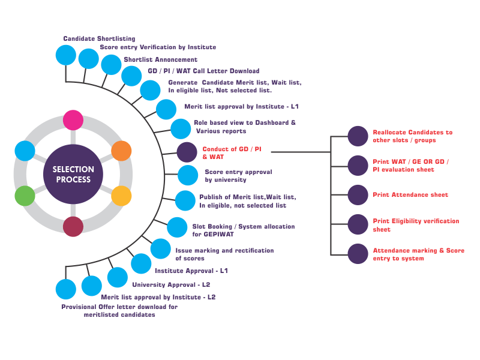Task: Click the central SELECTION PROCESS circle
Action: [73, 174]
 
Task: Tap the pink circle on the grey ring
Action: [73, 120]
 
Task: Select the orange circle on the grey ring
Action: [121, 151]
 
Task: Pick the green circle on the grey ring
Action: [25, 196]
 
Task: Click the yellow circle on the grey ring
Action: [121, 196]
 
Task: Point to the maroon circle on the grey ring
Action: [73, 227]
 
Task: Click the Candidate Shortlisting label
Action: [99, 38]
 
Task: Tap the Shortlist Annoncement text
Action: [160, 59]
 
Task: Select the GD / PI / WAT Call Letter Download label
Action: [203, 71]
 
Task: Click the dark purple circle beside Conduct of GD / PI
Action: [187, 152]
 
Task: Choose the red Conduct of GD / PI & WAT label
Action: [232, 153]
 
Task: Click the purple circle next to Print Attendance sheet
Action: [358, 195]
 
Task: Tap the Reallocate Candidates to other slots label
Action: [412, 136]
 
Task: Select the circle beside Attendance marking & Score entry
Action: [358, 254]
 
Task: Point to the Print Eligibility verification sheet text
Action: [416, 225]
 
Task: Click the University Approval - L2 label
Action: [171, 284]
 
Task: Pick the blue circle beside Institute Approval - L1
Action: [141, 263]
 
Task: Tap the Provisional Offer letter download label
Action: [119, 311]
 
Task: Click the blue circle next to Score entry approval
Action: [188, 175]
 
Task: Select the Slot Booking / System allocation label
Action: [244, 230]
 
